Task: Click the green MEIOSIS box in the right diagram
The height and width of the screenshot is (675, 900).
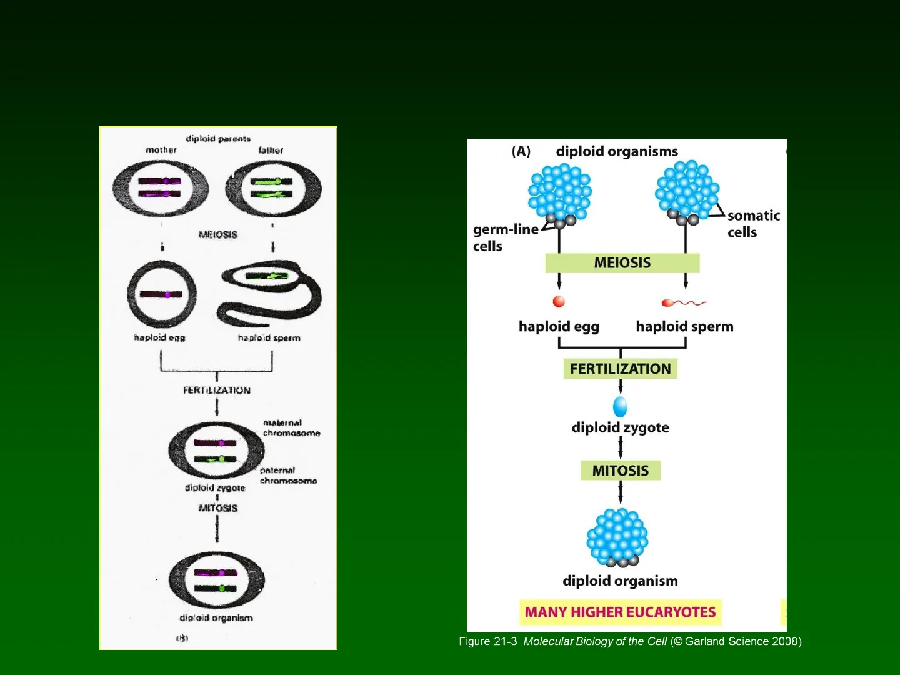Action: click(x=622, y=263)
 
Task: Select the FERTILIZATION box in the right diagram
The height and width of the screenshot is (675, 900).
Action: click(x=620, y=369)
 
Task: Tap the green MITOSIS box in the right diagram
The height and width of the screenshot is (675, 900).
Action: click(x=620, y=471)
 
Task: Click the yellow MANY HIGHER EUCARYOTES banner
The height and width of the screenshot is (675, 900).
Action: click(x=620, y=612)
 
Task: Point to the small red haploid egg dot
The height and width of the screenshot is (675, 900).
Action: click(x=559, y=302)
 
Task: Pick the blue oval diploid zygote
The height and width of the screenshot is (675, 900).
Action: click(x=620, y=406)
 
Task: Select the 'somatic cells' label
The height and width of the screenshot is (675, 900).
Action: click(x=753, y=224)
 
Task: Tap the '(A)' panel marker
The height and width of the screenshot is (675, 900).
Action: click(x=521, y=151)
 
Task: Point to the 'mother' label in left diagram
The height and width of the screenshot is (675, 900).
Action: click(x=161, y=150)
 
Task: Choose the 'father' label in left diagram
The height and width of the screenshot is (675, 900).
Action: click(x=271, y=150)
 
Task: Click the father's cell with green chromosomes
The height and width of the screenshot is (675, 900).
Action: click(x=274, y=188)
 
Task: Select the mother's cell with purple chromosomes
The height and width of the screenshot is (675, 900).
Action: click(x=161, y=188)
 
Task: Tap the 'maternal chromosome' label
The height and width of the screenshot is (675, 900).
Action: click(x=291, y=427)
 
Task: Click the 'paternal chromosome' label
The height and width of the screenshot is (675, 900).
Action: click(x=288, y=476)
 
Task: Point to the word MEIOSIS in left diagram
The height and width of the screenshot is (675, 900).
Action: click(x=217, y=234)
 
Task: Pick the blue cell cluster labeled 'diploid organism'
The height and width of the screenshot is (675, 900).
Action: click(x=617, y=538)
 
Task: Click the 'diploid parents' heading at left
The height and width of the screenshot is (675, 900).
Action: click(x=217, y=138)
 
